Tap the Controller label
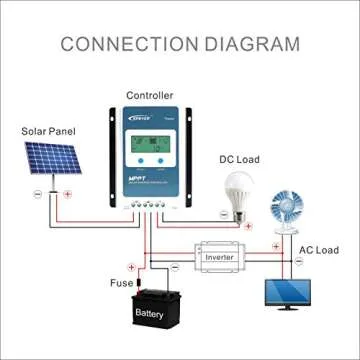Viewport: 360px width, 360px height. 149,95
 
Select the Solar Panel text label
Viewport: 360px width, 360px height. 49,130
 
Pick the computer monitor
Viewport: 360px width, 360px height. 288,295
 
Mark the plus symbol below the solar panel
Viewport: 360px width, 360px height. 67,195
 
